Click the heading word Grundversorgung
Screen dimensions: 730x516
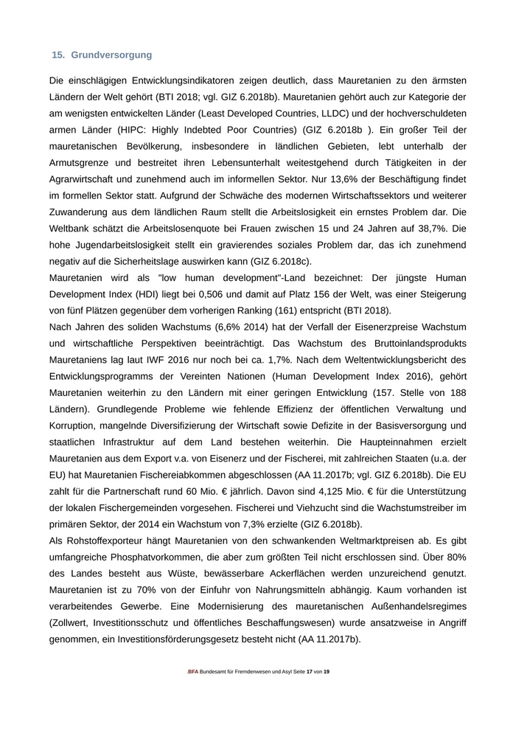coord(111,55)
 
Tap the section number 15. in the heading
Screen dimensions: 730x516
coord(59,55)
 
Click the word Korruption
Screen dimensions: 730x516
coord(76,426)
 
